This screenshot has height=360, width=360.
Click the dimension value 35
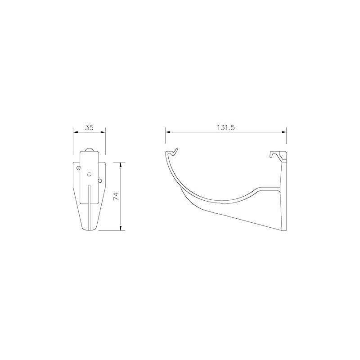(x=89, y=127)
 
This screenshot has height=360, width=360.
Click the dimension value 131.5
(x=226, y=127)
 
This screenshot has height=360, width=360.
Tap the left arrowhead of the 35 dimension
(x=75, y=132)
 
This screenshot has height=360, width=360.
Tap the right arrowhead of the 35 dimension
(x=103, y=132)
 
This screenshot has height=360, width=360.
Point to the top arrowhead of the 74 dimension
(x=121, y=163)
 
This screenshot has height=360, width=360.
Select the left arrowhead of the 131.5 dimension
(x=167, y=132)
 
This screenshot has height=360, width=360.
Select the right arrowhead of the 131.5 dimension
(x=284, y=132)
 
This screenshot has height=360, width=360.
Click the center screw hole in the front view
(x=89, y=174)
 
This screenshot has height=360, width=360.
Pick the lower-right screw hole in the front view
(x=100, y=180)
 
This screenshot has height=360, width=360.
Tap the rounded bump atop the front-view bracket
(x=89, y=149)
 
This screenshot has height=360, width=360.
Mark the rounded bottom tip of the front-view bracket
(x=89, y=231)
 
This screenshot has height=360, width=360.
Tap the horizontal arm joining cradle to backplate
(x=268, y=188)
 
